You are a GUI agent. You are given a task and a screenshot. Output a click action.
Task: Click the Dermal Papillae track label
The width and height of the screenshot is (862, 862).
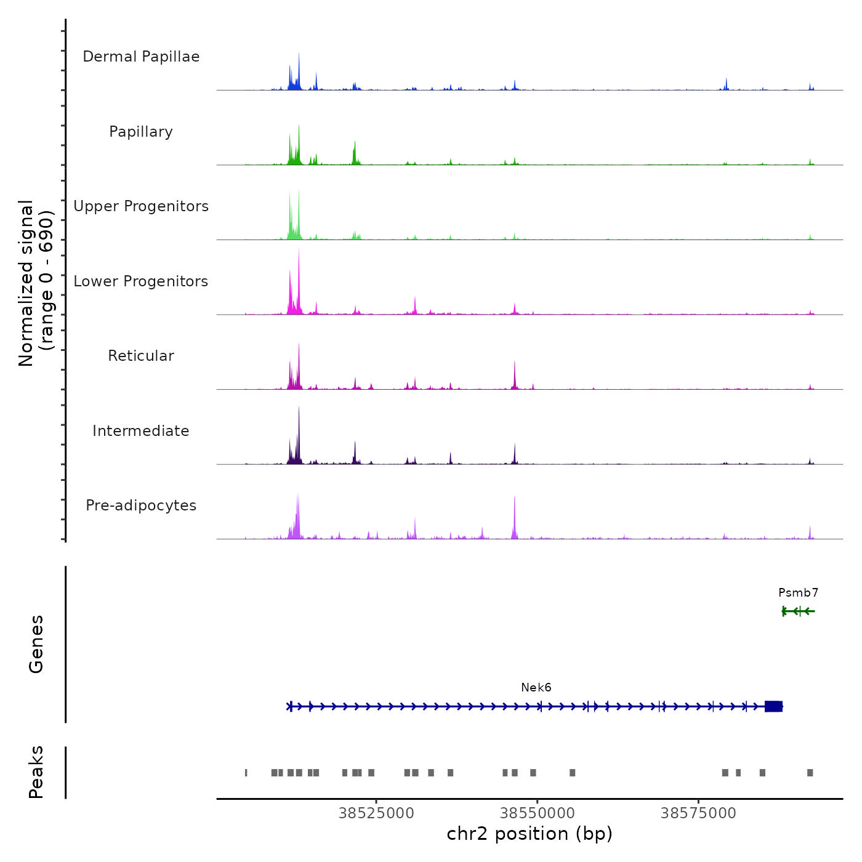click(141, 57)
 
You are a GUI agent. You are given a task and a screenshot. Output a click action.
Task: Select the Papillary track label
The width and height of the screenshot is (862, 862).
click(141, 132)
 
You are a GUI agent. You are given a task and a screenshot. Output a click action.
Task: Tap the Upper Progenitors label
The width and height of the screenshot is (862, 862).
click(141, 206)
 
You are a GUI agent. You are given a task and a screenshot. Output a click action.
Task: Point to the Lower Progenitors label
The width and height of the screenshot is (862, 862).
click(141, 281)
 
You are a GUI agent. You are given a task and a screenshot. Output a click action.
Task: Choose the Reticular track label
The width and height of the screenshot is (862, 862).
click(141, 356)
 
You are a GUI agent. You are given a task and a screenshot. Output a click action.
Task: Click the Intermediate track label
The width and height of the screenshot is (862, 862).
click(141, 431)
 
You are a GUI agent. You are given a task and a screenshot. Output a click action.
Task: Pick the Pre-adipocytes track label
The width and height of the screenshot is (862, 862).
click(141, 506)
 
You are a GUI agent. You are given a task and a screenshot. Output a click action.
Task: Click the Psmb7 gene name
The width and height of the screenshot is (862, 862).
click(798, 593)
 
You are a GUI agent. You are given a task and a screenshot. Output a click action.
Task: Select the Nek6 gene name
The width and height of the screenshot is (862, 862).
click(536, 688)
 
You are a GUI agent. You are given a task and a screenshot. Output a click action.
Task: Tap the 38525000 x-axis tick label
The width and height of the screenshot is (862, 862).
click(376, 813)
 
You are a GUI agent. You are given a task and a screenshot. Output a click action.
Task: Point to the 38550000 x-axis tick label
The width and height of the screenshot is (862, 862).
click(538, 813)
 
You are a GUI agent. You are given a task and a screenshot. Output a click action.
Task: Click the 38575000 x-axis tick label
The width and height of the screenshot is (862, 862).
click(698, 813)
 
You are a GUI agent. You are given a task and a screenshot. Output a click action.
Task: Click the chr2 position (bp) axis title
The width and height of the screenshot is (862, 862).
click(530, 834)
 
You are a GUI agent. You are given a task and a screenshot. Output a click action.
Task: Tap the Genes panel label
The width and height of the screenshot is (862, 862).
click(36, 644)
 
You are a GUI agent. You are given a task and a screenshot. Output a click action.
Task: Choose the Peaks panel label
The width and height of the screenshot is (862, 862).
click(36, 772)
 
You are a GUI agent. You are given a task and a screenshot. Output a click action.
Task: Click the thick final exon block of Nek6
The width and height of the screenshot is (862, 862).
click(773, 706)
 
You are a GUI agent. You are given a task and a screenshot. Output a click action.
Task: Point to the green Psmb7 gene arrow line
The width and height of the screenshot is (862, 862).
click(799, 611)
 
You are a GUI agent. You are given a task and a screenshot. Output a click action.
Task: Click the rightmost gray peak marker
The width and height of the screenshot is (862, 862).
click(810, 773)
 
